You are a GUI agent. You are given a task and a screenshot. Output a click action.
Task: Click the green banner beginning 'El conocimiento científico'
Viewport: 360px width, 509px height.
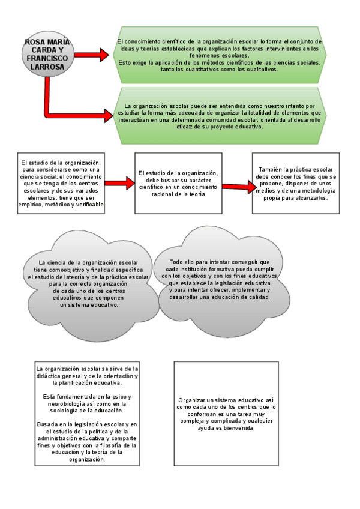point(219,55)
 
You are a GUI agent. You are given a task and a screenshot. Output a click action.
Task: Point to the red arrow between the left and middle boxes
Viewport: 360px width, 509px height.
point(121,183)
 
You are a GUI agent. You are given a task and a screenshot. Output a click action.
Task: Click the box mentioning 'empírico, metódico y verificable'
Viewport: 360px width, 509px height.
point(61,183)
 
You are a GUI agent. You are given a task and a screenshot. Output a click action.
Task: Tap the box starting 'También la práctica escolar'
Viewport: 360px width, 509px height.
point(295,183)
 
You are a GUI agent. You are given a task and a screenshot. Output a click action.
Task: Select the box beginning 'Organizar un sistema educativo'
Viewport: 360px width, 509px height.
point(227,414)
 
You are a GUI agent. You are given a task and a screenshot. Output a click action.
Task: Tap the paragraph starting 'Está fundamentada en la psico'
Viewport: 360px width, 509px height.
point(87,403)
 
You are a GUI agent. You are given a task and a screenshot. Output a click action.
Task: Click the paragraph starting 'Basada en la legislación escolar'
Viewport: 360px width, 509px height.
point(87,442)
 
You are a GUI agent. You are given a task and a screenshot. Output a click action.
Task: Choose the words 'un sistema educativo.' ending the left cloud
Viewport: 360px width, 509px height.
point(89,304)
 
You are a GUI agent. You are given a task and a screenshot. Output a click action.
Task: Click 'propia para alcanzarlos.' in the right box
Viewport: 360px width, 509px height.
point(295,197)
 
